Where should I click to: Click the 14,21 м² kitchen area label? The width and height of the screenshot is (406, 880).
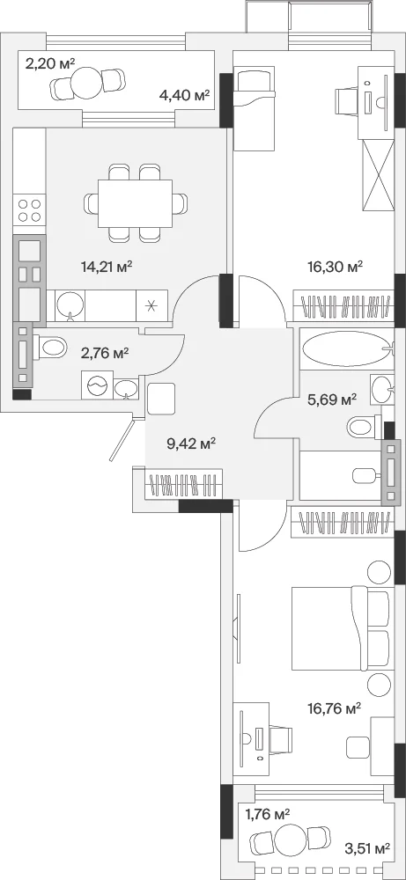pos(107,266)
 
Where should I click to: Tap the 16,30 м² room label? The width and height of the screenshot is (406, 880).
pos(336,266)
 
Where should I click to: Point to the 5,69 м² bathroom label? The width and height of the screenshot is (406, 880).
pos(332,400)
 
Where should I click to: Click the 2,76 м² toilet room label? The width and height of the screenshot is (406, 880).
pos(105,353)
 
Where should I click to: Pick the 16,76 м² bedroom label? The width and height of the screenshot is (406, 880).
pos(335,708)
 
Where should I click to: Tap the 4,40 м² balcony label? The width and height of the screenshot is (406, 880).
pos(184,95)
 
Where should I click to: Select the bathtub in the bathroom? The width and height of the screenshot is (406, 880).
pos(346,349)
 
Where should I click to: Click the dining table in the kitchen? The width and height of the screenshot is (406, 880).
pos(135,203)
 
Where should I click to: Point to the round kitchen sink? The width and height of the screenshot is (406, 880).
pos(70,305)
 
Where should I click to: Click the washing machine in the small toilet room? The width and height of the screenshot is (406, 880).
pos(97,385)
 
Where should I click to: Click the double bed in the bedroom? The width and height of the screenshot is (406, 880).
pos(341,628)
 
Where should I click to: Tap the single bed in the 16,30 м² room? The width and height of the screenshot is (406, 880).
pos(255,108)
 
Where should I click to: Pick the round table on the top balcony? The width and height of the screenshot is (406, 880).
pos(87,83)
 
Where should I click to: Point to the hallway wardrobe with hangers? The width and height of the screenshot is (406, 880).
pos(183,483)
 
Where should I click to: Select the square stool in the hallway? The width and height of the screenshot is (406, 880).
pos(162,399)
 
